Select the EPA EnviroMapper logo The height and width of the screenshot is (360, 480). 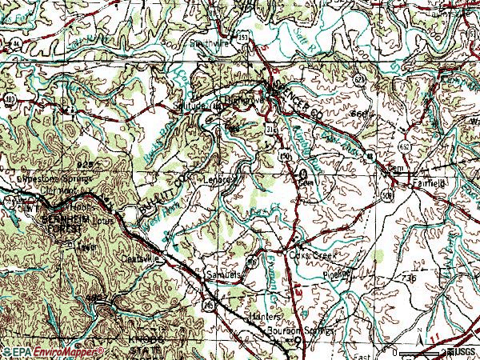52,352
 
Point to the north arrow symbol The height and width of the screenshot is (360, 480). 422,345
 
